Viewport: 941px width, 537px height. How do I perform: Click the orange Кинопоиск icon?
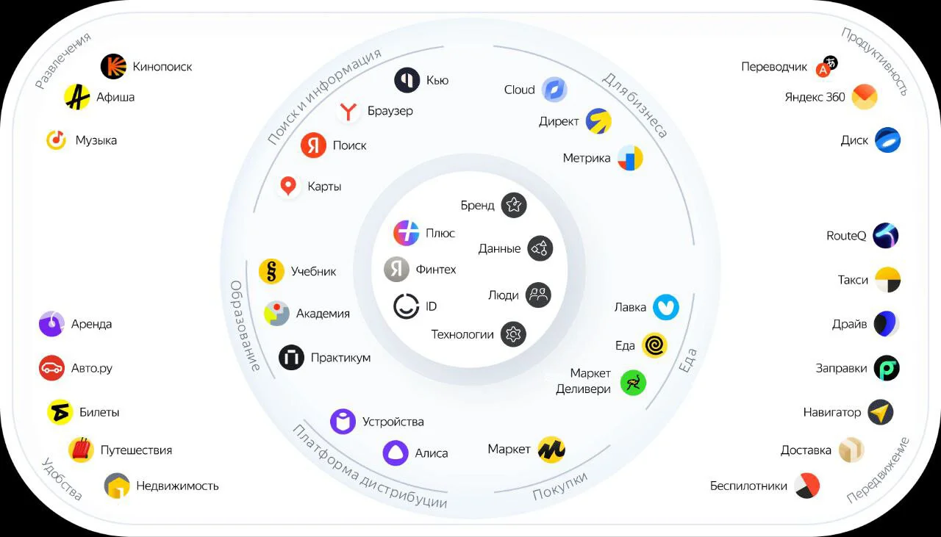[x=113, y=66]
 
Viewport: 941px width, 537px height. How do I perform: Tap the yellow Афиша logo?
[x=77, y=97]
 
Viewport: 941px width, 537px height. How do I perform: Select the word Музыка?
[x=96, y=140]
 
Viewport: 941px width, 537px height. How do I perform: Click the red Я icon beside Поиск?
[x=313, y=145]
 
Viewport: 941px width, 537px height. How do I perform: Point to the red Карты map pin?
[x=288, y=186]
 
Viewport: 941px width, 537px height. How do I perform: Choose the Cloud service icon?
[x=554, y=90]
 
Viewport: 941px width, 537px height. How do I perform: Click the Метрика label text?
[x=587, y=158]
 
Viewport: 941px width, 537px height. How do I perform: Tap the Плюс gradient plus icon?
[x=407, y=233]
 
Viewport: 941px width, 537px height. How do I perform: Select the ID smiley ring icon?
[x=407, y=306]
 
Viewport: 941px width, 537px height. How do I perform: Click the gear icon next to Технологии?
[x=513, y=334]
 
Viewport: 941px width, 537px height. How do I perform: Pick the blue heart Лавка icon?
[x=666, y=307]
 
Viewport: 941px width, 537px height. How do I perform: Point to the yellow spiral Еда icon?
[x=654, y=345]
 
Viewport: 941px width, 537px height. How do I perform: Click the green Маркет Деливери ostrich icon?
[x=633, y=383]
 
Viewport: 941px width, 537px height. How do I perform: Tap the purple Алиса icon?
[x=396, y=453]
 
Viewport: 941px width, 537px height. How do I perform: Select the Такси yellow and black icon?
[x=887, y=280]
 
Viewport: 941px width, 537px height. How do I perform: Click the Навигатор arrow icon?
[x=881, y=412]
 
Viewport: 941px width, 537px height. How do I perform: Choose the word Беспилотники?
[x=748, y=486]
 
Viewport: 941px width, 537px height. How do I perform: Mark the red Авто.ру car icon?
[x=51, y=368]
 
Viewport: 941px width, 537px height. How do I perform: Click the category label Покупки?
[x=560, y=486]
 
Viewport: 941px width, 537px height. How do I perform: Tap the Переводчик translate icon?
[x=826, y=66]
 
